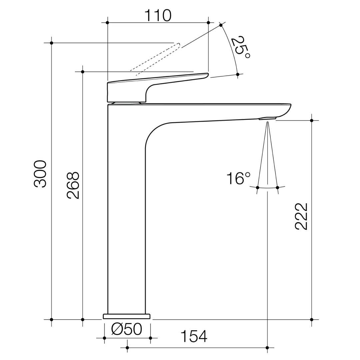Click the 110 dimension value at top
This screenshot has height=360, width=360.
(158, 15)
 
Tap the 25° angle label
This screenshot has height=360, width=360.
(241, 47)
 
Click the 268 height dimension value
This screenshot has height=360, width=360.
(73, 185)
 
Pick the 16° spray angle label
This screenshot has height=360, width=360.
(238, 179)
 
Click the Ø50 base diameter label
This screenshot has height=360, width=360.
(127, 330)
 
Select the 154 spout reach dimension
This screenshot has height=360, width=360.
(194, 337)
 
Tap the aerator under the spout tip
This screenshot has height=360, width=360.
(268, 118)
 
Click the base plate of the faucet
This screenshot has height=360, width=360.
(127, 316)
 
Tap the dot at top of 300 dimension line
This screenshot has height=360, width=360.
(51, 43)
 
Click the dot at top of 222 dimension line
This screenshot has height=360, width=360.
(312, 120)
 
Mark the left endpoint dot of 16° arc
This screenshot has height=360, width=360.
(257, 188)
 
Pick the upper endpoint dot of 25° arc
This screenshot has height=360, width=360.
(221, 25)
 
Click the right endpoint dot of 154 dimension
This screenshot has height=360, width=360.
(267, 348)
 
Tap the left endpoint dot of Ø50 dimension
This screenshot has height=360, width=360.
(104, 338)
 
